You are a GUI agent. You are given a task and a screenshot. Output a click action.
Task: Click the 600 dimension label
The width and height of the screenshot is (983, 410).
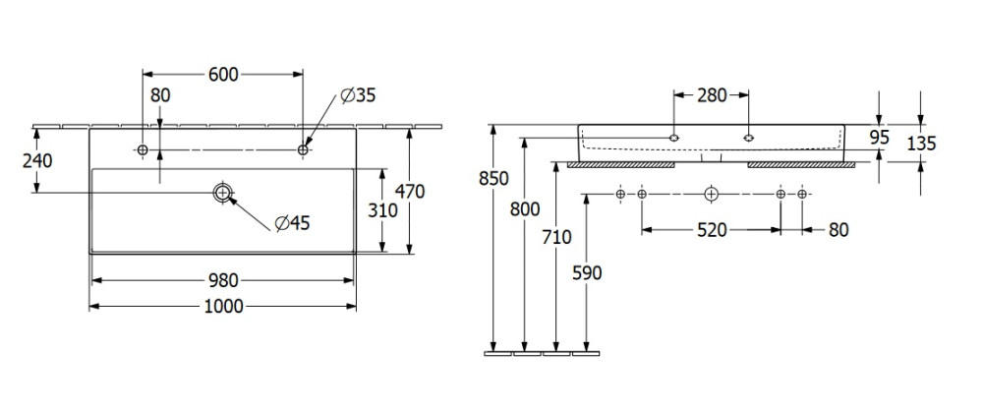224,75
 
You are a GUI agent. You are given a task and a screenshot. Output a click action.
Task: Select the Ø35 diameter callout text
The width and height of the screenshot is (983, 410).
358,95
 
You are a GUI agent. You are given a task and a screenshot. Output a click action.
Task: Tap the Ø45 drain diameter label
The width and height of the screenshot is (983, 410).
292,222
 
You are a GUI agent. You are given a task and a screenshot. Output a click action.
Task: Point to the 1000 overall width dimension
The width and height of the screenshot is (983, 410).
224,307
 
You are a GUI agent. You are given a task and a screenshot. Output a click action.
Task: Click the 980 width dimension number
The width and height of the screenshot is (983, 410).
223,280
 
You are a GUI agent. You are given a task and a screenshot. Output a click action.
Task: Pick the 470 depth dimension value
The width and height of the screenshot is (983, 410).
410,191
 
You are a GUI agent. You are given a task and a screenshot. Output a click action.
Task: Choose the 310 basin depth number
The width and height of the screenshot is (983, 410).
382,211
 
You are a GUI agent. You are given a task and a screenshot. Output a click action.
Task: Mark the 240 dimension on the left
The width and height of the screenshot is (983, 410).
37,161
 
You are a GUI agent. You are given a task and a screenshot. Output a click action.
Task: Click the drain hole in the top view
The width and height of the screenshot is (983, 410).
222,193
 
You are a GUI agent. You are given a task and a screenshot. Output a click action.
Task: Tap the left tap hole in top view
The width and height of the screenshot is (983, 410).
143,149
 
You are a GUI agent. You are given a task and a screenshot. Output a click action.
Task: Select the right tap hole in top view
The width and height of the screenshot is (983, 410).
303,149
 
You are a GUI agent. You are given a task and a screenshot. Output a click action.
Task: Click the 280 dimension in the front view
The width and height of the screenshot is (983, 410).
712,95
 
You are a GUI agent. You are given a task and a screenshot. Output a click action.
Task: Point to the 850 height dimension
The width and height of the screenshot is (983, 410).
493,179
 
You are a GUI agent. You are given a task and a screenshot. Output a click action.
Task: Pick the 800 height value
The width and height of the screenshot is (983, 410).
525,209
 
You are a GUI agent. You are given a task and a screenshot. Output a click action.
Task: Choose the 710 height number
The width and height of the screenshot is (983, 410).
556,237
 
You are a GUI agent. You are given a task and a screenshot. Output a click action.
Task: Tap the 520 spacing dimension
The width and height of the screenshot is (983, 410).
712,231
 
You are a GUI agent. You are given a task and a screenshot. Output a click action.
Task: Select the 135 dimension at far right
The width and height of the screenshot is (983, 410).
921,145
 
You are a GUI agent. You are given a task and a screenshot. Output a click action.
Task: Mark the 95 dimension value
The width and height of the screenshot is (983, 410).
880,138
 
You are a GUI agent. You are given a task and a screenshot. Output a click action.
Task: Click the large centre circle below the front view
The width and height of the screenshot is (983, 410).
711,195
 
